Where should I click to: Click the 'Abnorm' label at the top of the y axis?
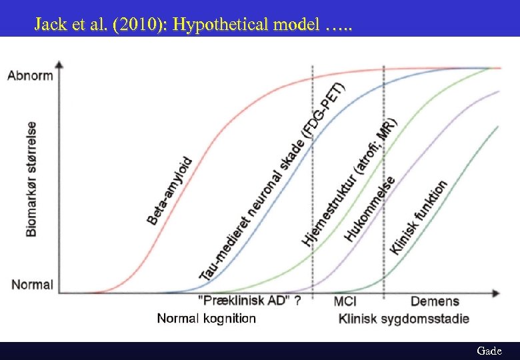coord(30,75)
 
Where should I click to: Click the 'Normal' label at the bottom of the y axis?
coord(32,285)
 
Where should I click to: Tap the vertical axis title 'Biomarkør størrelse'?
coord(32,179)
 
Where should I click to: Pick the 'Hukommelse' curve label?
coord(371,207)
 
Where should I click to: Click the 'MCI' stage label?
coord(345,301)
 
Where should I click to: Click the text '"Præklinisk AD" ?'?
coord(249,301)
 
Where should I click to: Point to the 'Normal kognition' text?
coord(206,318)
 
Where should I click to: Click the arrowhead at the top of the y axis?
coord(60,65)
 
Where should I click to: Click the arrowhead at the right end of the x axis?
coord(496,293)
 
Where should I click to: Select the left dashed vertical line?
coord(313,200)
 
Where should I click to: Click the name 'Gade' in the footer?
coord(489,350)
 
